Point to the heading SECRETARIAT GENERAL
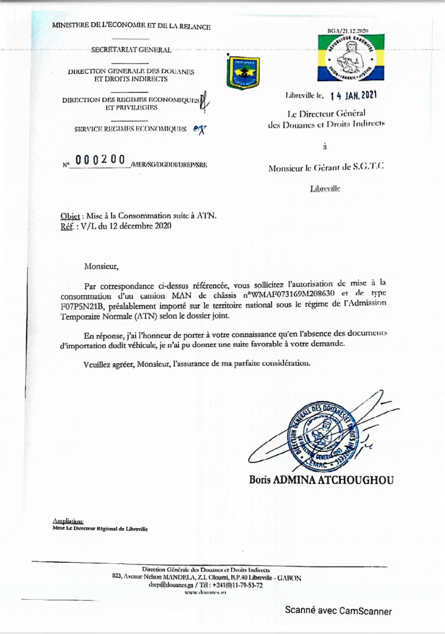[x=131, y=49]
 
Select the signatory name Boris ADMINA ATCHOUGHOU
[x=321, y=480]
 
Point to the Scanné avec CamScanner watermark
[x=338, y=611]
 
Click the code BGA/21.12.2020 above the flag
[x=348, y=30]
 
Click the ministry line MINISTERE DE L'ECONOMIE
[x=131, y=26]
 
